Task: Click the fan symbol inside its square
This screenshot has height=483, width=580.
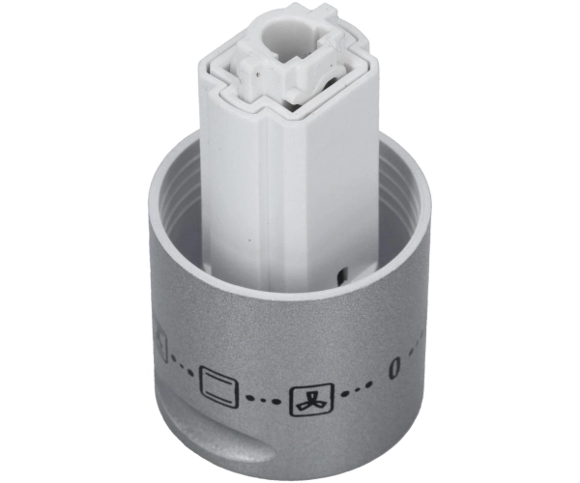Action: click(311, 401)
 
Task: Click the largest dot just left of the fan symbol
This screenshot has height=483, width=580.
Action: click(275, 400)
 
